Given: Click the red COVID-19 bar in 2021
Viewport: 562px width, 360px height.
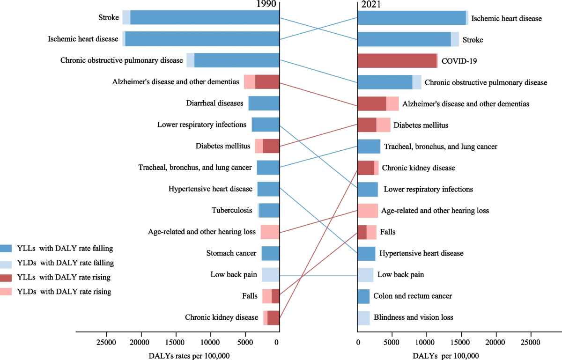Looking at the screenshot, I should pyautogui.click(x=397, y=60).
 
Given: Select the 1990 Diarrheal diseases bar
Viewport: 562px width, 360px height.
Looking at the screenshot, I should pyautogui.click(x=264, y=103).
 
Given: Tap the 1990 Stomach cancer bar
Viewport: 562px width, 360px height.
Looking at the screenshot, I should pyautogui.click(x=270, y=253).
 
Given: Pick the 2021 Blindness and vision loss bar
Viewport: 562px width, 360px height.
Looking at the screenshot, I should pyautogui.click(x=363, y=318).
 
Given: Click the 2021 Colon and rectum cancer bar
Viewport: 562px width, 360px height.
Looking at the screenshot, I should pyautogui.click(x=363, y=296).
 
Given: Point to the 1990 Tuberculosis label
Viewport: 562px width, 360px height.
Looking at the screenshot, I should pyautogui.click(x=231, y=211).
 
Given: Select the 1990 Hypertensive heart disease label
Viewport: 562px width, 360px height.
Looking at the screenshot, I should pyautogui.click(x=210, y=189).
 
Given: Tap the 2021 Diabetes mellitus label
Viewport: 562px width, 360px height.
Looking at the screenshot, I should pyautogui.click(x=421, y=125).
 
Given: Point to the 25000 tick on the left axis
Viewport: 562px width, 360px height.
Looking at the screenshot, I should pyautogui.click(x=106, y=342).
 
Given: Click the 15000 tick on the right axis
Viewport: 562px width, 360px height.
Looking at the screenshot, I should pyautogui.click(x=461, y=342).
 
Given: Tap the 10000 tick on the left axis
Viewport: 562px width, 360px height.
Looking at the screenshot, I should pyautogui.click(x=210, y=342).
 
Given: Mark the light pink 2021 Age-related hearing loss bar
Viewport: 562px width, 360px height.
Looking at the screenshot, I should pyautogui.click(x=368, y=211).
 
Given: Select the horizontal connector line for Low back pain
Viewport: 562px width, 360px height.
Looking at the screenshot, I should pyautogui.click(x=318, y=276).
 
